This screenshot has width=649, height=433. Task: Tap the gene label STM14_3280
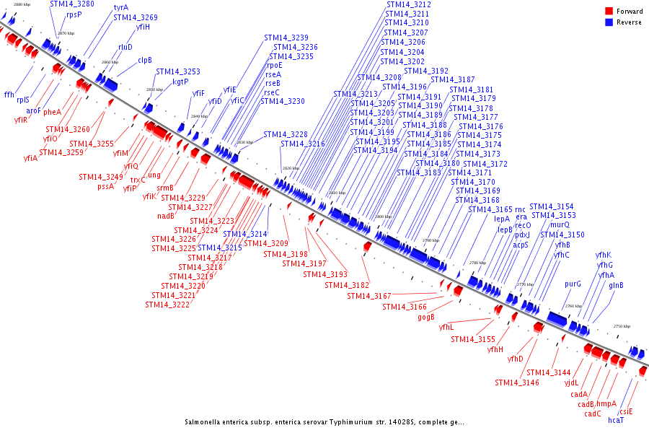[71, 4]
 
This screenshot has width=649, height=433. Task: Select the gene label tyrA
[121, 7]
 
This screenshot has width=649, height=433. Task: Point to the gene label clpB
[144, 60]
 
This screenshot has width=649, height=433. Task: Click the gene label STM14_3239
[286, 38]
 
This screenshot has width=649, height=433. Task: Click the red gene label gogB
[426, 317]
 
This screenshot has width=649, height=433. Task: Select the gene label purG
[573, 284]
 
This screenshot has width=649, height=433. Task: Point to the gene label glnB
[616, 285]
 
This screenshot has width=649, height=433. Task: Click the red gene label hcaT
[616, 420]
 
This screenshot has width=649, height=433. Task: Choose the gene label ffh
[9, 95]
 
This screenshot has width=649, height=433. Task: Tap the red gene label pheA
[52, 112]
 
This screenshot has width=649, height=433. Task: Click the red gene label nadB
[166, 216]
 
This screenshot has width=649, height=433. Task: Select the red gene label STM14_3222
[167, 305]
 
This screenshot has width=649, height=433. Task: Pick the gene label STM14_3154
[552, 206]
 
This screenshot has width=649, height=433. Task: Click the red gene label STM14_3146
[517, 382]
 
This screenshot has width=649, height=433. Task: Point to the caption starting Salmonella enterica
[324, 422]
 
